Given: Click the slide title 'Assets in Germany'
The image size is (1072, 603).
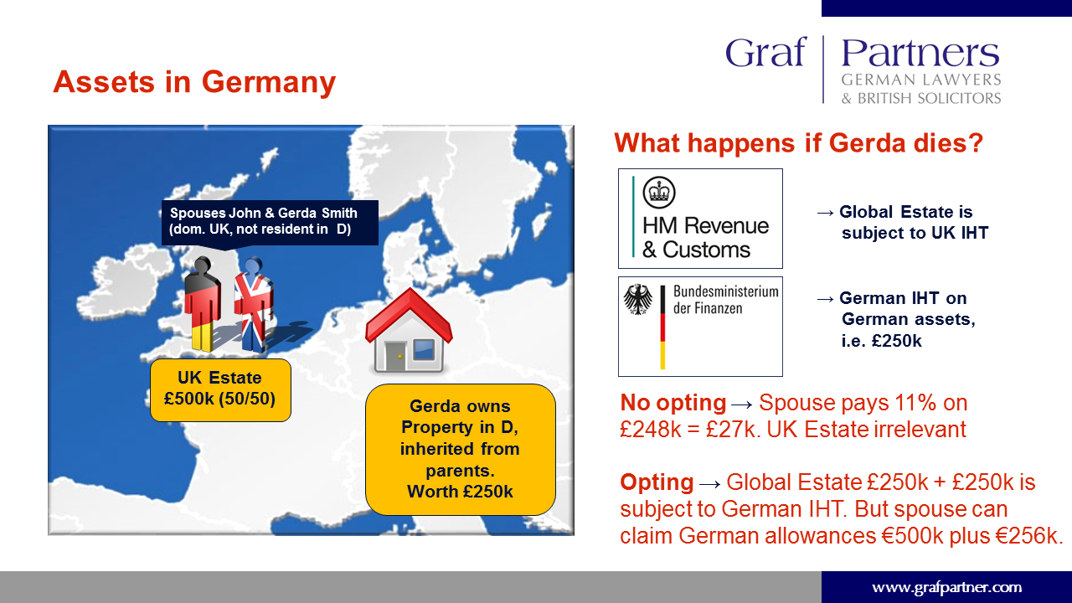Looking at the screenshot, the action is tap(194, 82).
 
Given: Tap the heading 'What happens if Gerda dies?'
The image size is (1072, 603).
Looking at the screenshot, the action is tap(798, 143).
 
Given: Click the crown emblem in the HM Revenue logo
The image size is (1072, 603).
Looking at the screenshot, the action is tap(659, 193).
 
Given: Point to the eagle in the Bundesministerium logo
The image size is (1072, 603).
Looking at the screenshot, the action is tap(637, 299).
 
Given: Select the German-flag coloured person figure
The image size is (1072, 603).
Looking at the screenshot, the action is tap(203, 304).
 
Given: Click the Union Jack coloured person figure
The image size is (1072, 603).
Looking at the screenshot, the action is tap(254, 304).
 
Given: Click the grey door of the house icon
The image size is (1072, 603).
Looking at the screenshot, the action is tap(395, 356).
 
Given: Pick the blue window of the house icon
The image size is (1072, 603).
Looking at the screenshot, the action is tap(424, 349).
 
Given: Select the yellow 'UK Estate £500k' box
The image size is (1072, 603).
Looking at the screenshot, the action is tap(220, 390).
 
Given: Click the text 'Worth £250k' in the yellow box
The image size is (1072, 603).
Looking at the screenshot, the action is tap(460, 492).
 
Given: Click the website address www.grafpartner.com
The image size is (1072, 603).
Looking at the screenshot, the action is tap(946, 588).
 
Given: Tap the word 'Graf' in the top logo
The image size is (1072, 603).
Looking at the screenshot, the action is tap(765, 52).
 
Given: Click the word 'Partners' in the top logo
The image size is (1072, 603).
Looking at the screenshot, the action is tap(920, 53).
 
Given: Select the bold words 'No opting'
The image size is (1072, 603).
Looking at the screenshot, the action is tap(673, 403).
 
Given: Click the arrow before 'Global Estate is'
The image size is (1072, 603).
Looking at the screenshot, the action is tap(825, 213).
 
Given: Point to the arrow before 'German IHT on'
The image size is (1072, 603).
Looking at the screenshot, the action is tap(825, 299).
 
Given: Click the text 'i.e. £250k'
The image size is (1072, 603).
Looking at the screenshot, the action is tap(882, 341).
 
